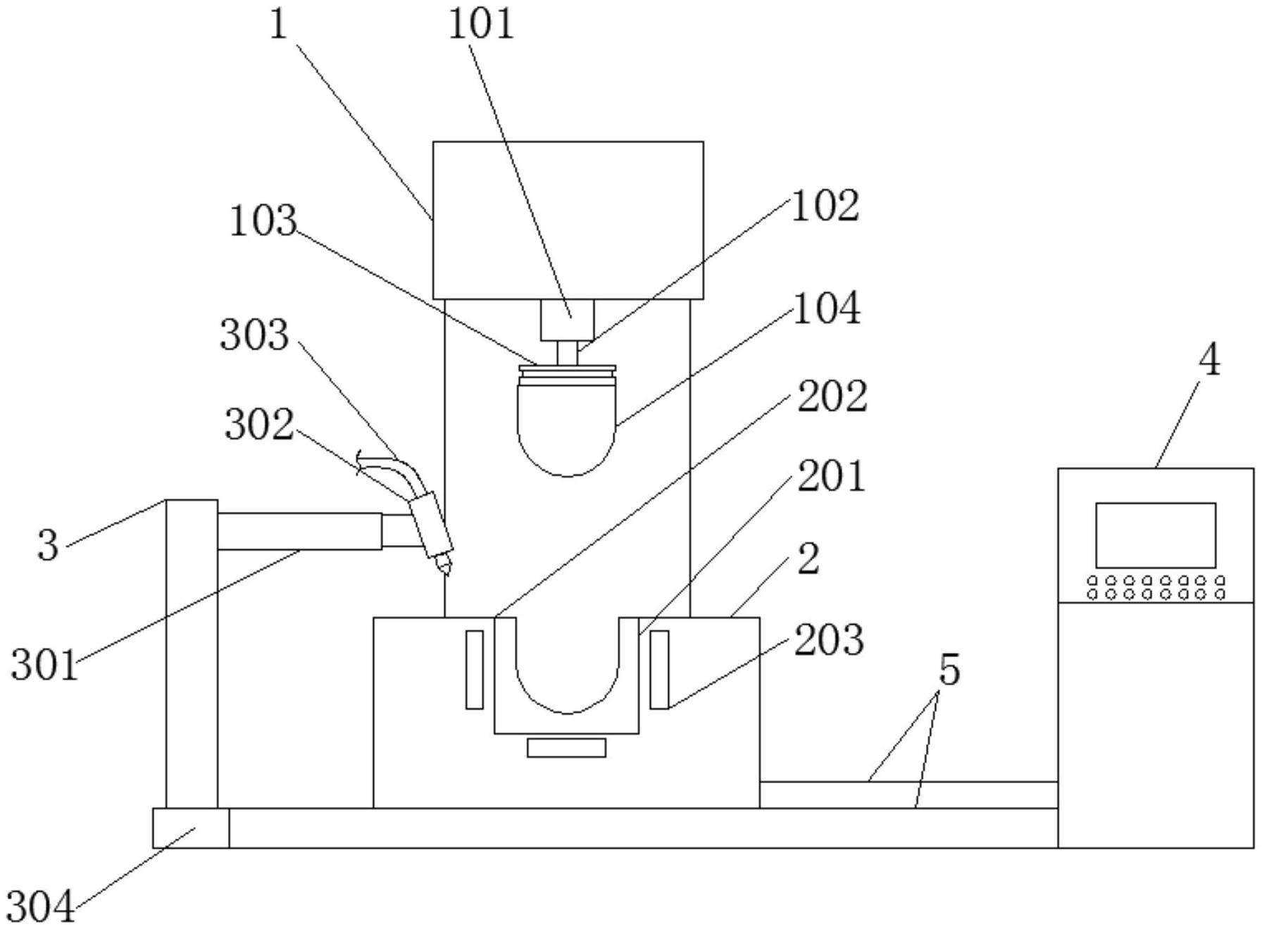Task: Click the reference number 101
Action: pyautogui.click(x=482, y=25)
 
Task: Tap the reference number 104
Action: pyautogui.click(x=827, y=309)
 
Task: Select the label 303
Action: pyautogui.click(x=254, y=335)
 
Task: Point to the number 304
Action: pyautogui.click(x=41, y=906)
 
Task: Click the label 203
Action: pyautogui.click(x=829, y=641)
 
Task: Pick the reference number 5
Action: pyautogui.click(x=949, y=671)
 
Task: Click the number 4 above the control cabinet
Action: pyautogui.click(x=1208, y=361)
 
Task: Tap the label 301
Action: pyautogui.click(x=44, y=666)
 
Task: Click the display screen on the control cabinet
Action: pyautogui.click(x=1156, y=535)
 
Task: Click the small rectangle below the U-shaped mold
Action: pyautogui.click(x=566, y=748)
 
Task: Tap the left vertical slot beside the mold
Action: pyautogui.click(x=475, y=669)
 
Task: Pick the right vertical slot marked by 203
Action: pyautogui.click(x=659, y=669)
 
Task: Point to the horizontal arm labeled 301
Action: pyautogui.click(x=299, y=531)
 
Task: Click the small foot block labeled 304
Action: pyautogui.click(x=191, y=828)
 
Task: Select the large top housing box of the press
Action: pyautogui.click(x=568, y=220)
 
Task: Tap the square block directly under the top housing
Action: pyautogui.click(x=567, y=320)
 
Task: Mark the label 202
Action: pyautogui.click(x=832, y=397)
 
